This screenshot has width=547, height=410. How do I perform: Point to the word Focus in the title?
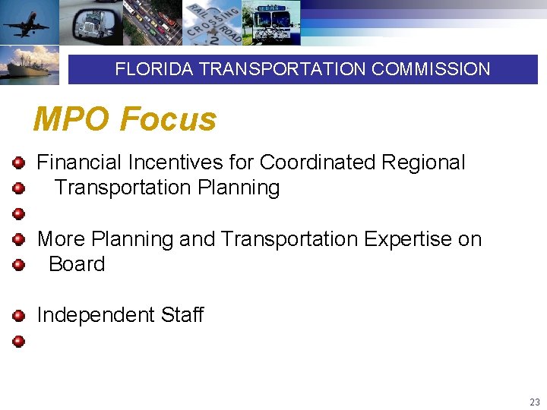pos(168,119)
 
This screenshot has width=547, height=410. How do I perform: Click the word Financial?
pos(79,162)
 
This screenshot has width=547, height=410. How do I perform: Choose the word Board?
pos(77,264)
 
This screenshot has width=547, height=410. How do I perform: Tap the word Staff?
pos(182,315)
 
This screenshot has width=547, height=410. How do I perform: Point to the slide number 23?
pos(535,402)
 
